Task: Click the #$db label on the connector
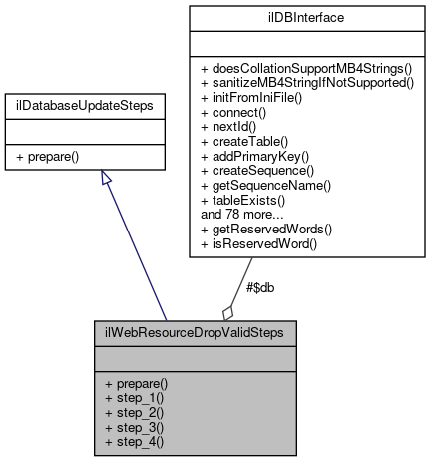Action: coord(259,286)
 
